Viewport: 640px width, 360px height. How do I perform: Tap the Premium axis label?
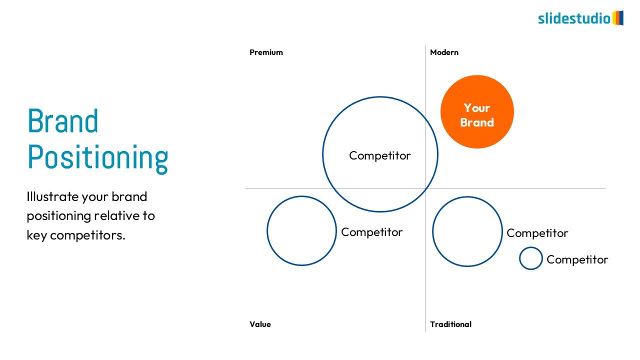[266, 52]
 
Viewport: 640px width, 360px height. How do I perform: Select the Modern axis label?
[444, 52]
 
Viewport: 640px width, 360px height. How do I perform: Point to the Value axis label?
[260, 324]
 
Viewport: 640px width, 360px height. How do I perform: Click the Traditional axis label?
[450, 324]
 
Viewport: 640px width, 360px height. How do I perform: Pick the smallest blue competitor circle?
[530, 258]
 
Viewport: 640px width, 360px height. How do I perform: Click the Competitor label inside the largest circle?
[380, 155]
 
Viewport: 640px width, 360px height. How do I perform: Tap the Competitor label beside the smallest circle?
[577, 259]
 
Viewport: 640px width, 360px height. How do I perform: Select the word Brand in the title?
[63, 121]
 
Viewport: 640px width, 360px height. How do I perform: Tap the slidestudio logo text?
[574, 19]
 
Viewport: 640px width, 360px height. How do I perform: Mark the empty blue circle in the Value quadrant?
[302, 230]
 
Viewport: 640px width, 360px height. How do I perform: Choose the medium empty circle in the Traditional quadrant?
[467, 231]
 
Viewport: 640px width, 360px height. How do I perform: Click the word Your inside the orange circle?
[477, 108]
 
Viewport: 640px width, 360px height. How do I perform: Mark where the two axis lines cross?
[425, 188]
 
